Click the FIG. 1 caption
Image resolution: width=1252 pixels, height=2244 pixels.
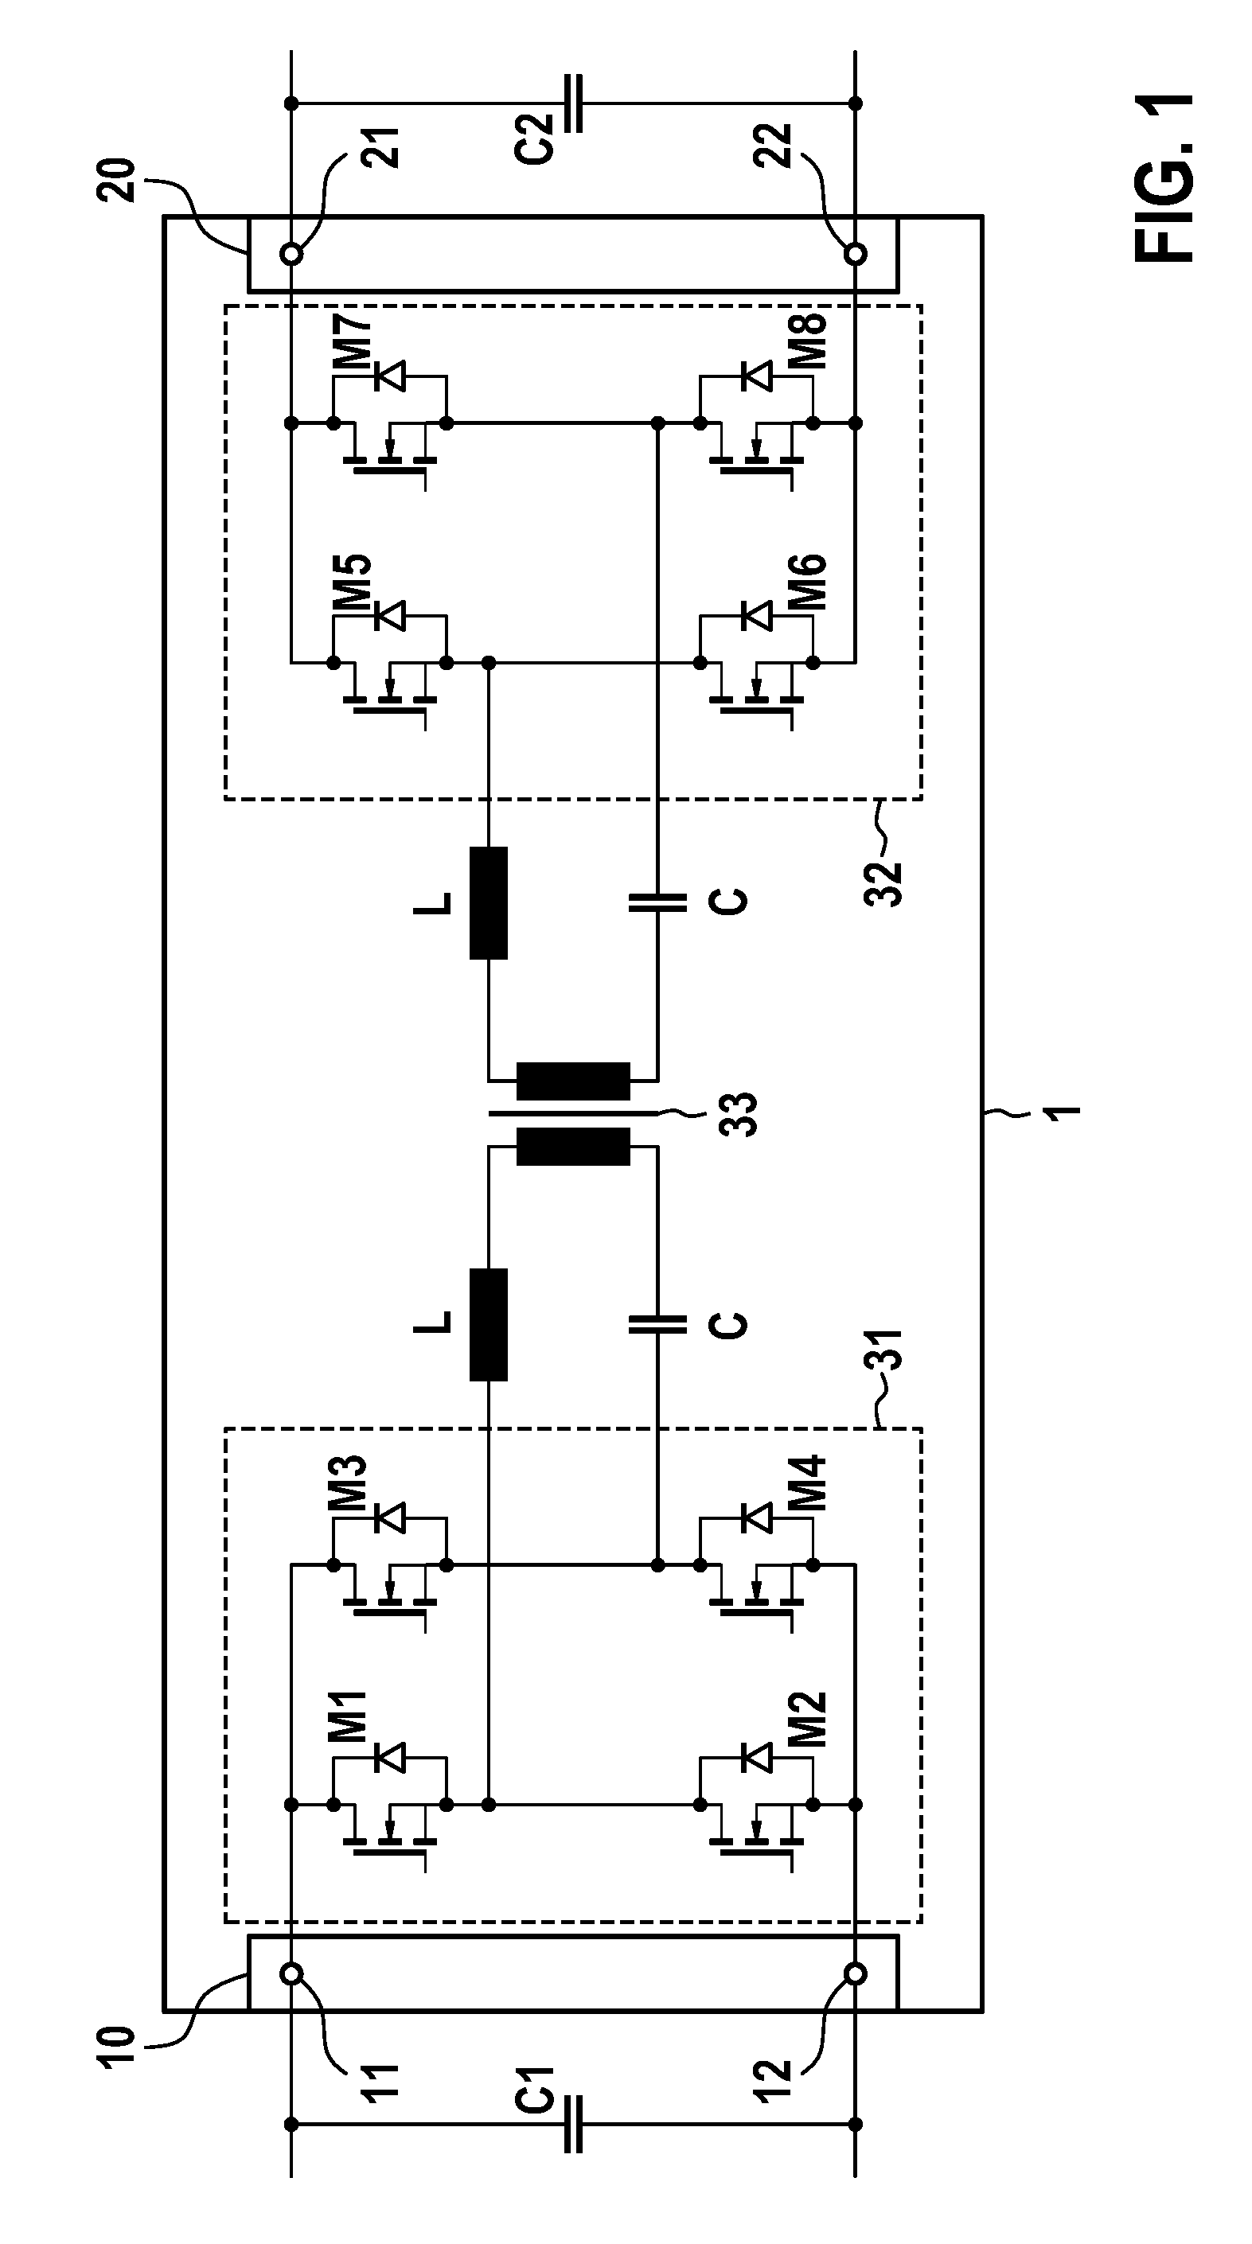1165,177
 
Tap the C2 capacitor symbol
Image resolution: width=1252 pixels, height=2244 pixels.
573,103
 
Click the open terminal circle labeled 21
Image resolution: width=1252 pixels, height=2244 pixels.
292,255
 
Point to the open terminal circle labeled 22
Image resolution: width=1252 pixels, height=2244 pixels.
856,255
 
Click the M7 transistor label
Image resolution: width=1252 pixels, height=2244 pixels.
352,346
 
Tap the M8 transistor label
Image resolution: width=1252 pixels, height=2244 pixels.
807,342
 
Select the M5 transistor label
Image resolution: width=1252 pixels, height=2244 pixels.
352,583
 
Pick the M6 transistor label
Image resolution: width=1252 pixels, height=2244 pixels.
807,582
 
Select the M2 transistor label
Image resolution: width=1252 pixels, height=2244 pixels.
807,1720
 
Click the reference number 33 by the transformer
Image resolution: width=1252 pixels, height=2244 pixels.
739,1114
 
